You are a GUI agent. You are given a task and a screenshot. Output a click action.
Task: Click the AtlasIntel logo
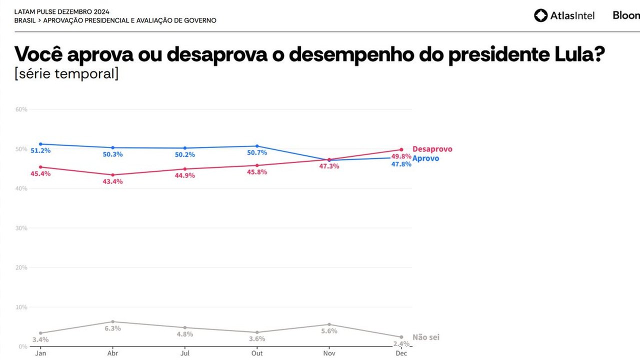click(x=564, y=15)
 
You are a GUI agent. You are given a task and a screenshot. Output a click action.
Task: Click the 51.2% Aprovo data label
click(x=41, y=150)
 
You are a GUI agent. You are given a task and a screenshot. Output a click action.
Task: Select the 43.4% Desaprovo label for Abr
click(x=113, y=181)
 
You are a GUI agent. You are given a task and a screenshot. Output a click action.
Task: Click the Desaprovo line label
click(x=432, y=149)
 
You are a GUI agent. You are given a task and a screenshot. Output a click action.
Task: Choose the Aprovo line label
click(x=425, y=158)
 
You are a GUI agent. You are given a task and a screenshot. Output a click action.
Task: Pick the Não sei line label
click(x=425, y=337)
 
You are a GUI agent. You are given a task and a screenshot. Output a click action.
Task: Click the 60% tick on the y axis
click(x=21, y=109)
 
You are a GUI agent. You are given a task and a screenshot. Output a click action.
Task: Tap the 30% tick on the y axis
click(x=21, y=228)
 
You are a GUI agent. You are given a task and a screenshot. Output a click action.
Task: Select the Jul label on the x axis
click(x=185, y=353)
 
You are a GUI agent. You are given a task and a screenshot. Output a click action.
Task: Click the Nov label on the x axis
click(x=329, y=353)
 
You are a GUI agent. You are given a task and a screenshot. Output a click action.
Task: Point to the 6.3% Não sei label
click(x=113, y=328)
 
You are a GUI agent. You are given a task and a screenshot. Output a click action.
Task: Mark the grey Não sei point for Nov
click(x=329, y=324)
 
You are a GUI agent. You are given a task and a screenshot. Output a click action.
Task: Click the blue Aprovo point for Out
click(x=257, y=146)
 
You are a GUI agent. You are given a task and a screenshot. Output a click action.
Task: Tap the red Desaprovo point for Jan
click(x=40, y=167)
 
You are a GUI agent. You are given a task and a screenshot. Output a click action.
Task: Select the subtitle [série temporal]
click(x=66, y=74)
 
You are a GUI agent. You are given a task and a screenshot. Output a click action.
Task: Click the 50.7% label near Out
click(x=257, y=152)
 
